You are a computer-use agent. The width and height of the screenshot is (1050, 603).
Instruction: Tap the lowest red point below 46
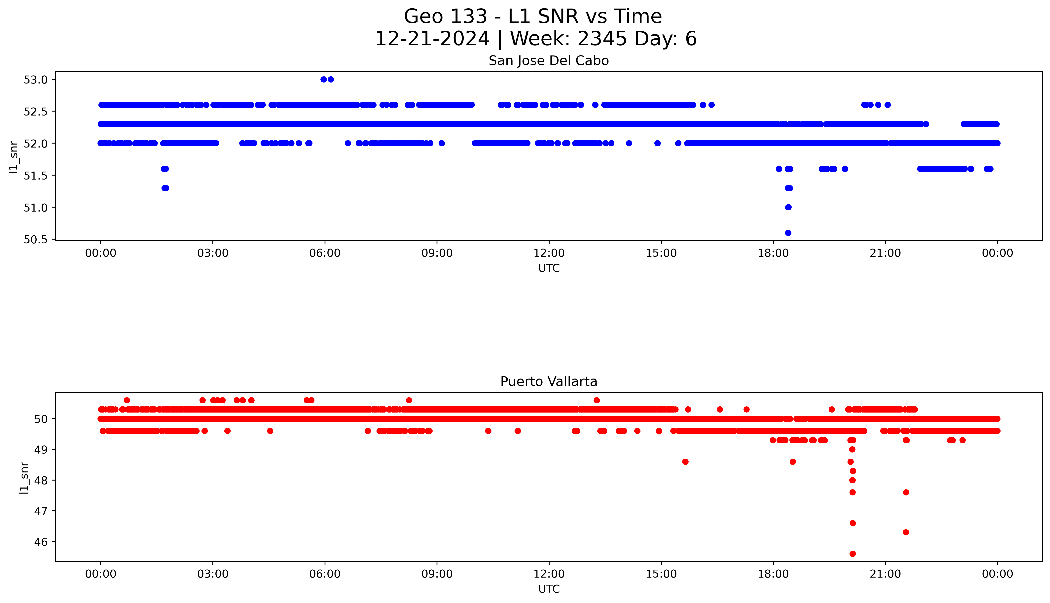[x=852, y=554]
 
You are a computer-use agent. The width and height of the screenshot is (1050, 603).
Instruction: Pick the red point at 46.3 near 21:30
[x=906, y=532]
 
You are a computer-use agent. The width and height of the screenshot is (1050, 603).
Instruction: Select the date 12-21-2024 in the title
[x=432, y=39]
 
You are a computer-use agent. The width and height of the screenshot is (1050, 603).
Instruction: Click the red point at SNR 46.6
[x=852, y=523]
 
